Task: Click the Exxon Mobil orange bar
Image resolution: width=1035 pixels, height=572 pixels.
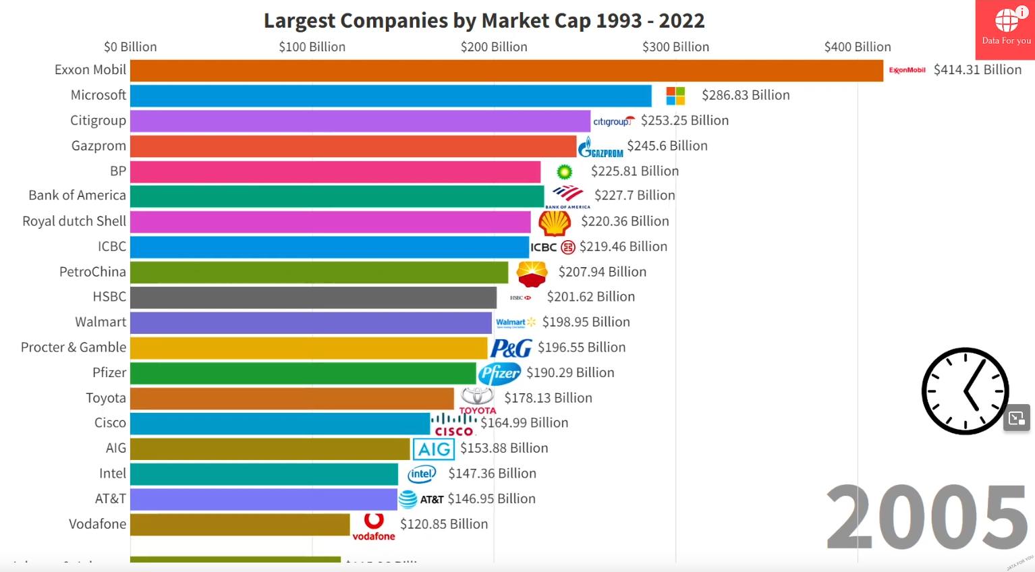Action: pyautogui.click(x=506, y=70)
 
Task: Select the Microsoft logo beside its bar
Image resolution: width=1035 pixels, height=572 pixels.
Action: pyautogui.click(x=675, y=96)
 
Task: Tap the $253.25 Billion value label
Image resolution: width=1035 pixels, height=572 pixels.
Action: pyautogui.click(x=684, y=121)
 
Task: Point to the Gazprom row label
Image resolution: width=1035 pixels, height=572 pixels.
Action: pyautogui.click(x=99, y=146)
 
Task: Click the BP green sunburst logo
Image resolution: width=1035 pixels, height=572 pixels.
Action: pyautogui.click(x=565, y=172)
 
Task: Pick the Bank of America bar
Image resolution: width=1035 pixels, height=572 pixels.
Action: pyautogui.click(x=337, y=196)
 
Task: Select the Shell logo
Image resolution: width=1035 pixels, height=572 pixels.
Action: pyautogui.click(x=555, y=222)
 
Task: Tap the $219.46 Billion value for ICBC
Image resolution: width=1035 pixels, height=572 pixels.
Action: pyautogui.click(x=623, y=247)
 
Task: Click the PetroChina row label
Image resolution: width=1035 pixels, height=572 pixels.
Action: pyautogui.click(x=92, y=272)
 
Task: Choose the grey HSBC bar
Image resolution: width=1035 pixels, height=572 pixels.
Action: pyautogui.click(x=313, y=297)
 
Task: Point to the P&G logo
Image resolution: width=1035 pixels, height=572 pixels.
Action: pyautogui.click(x=511, y=348)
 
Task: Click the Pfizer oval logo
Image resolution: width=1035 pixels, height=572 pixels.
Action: pyautogui.click(x=499, y=373)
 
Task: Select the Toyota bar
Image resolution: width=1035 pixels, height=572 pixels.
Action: pyautogui.click(x=291, y=398)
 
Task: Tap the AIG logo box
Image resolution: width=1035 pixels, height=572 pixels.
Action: pyautogui.click(x=434, y=449)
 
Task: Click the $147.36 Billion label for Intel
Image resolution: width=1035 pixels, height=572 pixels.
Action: pyautogui.click(x=492, y=474)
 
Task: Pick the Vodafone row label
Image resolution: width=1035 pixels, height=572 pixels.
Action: pyautogui.click(x=97, y=524)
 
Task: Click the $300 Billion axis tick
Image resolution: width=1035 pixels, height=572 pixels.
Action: pyautogui.click(x=675, y=47)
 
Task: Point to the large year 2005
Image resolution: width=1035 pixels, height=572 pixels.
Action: pyautogui.click(x=928, y=517)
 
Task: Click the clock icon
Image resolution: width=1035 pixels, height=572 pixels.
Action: pyautogui.click(x=965, y=391)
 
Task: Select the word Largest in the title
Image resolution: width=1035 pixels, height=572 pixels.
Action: pyautogui.click(x=299, y=21)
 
